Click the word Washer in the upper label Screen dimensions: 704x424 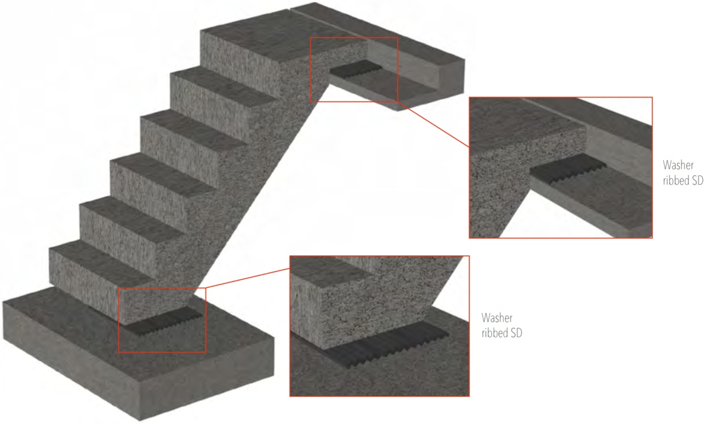[678, 165]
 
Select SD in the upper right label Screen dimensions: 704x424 [697, 181]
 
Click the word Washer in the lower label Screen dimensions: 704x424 [497, 318]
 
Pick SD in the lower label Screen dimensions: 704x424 [516, 333]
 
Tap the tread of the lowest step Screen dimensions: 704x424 [96, 260]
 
